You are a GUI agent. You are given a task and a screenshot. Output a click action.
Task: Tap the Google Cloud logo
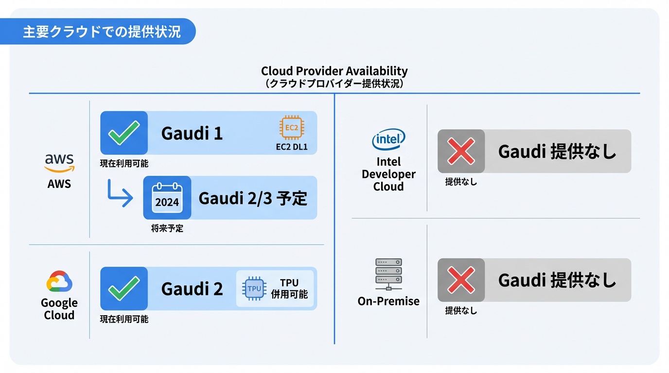click(x=59, y=281)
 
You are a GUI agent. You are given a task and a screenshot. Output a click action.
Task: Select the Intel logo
click(x=388, y=140)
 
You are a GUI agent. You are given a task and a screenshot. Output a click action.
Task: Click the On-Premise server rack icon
click(x=388, y=274)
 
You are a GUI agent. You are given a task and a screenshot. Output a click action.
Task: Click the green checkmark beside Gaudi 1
click(x=124, y=133)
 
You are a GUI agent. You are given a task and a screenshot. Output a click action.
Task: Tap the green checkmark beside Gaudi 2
click(x=124, y=288)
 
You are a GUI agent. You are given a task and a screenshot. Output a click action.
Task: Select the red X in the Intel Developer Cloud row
click(x=461, y=151)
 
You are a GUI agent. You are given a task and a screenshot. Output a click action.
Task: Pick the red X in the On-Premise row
click(x=461, y=280)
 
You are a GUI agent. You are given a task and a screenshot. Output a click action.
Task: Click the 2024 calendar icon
click(x=167, y=198)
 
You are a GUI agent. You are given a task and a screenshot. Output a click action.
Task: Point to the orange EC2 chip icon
click(x=291, y=128)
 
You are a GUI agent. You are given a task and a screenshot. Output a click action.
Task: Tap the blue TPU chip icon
click(x=254, y=288)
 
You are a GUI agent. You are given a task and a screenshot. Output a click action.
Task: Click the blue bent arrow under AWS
click(x=120, y=193)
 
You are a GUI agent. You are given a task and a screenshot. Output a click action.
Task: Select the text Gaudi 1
click(x=192, y=133)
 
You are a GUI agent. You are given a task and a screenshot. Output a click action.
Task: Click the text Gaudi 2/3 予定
click(x=253, y=198)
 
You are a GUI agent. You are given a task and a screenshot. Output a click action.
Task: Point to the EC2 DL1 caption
click(x=291, y=147)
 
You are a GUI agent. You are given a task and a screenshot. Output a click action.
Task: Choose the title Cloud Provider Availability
click(x=334, y=71)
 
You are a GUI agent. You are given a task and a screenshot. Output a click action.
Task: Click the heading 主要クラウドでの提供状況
click(x=102, y=32)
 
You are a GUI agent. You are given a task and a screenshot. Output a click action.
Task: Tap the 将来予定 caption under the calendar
click(x=167, y=228)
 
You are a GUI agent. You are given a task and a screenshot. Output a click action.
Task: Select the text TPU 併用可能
click(x=289, y=288)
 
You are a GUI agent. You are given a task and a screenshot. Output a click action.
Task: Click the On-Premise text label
click(x=388, y=301)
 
